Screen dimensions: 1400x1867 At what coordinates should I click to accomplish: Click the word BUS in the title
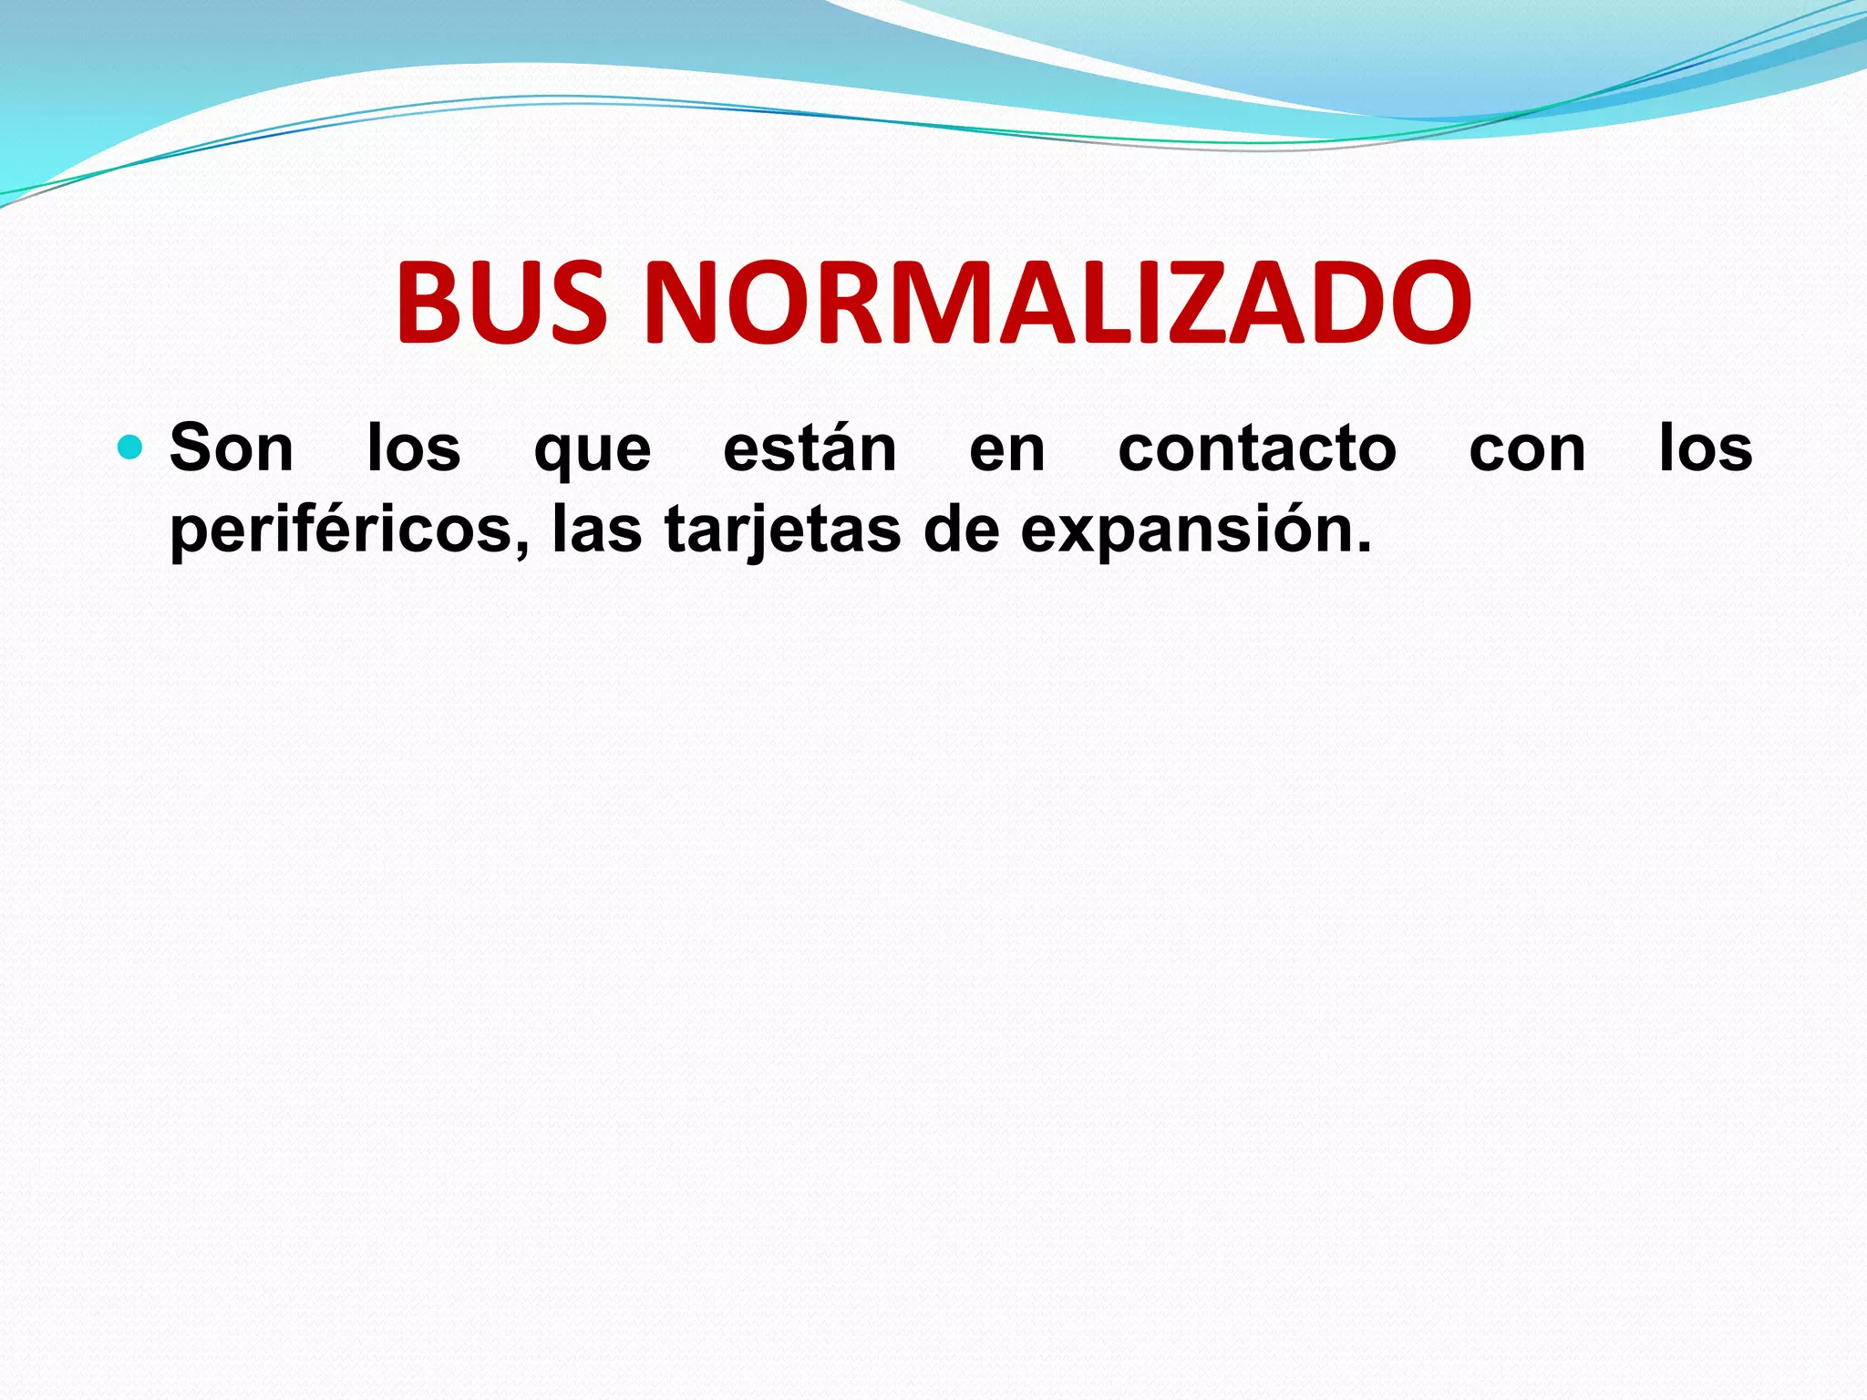tap(501, 303)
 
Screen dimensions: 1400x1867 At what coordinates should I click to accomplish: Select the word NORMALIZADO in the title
tap(1057, 303)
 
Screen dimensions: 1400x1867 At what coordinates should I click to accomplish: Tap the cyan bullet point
tap(131, 448)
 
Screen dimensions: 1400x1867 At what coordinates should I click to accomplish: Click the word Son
tap(232, 448)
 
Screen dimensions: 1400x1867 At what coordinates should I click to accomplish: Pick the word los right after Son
tap(414, 448)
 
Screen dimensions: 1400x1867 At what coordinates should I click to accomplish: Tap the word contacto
tap(1257, 448)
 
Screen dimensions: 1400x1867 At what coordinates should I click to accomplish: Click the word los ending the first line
tap(1706, 448)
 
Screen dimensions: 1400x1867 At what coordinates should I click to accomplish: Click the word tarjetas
tap(782, 530)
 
